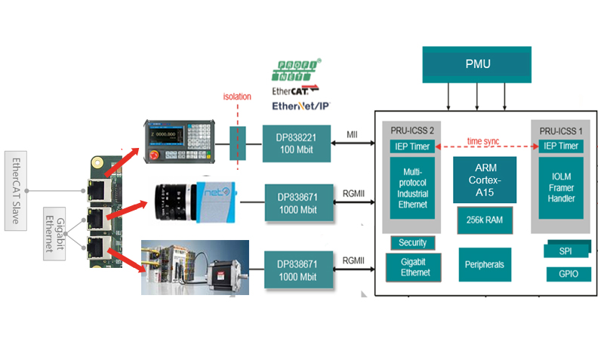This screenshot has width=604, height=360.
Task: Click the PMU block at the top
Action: point(476,64)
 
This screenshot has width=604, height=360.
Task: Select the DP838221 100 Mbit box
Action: point(297,143)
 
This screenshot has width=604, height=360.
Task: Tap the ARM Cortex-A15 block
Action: point(484,180)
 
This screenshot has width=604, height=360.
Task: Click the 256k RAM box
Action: point(484,220)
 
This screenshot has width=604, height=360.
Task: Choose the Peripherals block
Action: point(484,265)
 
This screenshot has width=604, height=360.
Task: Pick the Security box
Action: point(412,242)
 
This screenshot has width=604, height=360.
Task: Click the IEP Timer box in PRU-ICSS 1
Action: point(559,146)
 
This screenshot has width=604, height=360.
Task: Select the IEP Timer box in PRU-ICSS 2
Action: point(412,146)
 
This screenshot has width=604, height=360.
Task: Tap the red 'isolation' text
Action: point(237,97)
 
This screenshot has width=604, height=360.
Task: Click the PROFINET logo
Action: point(297,70)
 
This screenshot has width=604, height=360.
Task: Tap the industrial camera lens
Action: point(170,202)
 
